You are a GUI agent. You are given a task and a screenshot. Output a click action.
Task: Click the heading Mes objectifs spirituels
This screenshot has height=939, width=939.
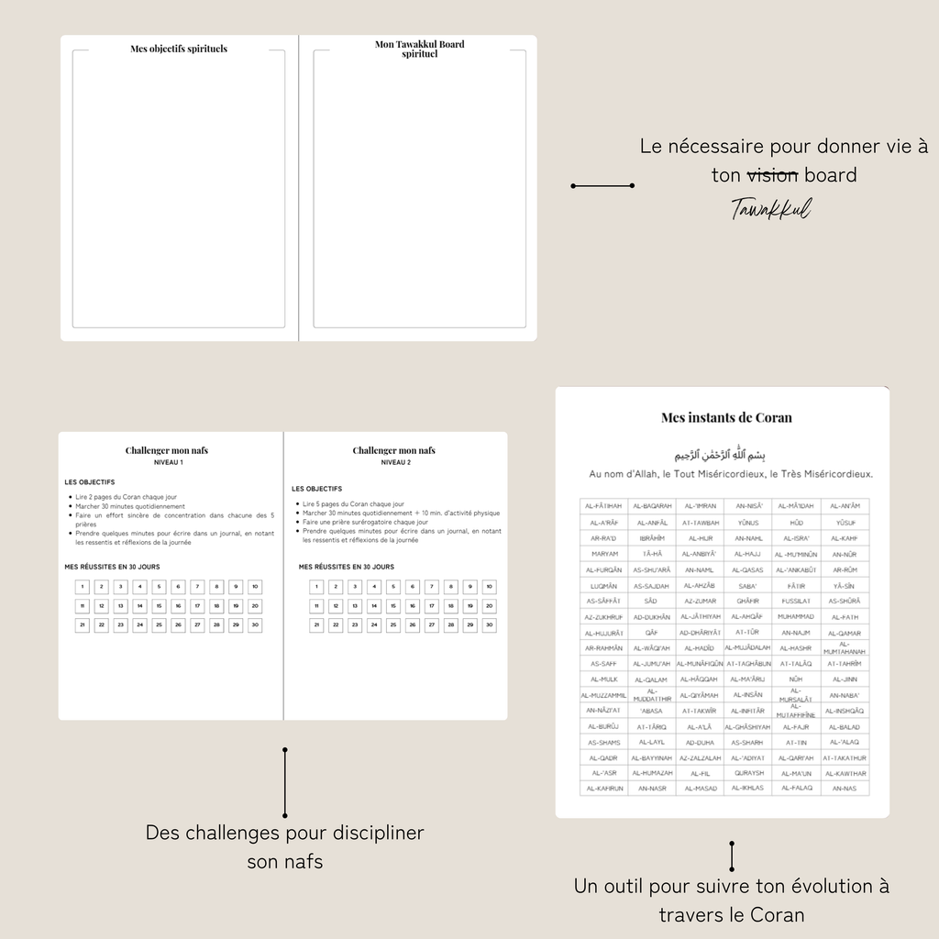coord(179,49)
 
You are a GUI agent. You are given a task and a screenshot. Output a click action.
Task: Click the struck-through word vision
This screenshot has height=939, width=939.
coord(772,174)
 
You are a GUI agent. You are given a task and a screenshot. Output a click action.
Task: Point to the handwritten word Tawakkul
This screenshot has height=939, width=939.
coord(771,209)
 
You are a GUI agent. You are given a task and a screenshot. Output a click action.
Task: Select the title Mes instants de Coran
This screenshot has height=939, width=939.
coord(726,417)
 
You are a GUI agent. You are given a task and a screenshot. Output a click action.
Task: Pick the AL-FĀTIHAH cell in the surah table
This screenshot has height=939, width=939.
coord(603,506)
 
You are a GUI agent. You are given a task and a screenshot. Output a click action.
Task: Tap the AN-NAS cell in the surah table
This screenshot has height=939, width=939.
coord(844,789)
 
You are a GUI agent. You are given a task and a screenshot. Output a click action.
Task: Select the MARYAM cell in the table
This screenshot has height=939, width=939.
coord(603,554)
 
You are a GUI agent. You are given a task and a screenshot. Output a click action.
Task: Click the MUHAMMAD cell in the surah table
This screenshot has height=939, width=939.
coord(795,616)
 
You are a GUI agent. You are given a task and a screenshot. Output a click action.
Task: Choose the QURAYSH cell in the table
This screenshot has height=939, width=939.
coord(748,773)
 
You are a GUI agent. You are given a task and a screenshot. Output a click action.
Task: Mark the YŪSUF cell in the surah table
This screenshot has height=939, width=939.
coord(844,523)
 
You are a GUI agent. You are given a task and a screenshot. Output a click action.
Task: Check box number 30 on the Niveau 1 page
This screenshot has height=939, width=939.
coord(255,625)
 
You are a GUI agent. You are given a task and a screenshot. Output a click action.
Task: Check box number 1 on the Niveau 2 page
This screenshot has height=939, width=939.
coord(316,587)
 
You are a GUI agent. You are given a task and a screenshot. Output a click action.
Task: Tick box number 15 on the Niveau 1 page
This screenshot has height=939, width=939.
coord(159,606)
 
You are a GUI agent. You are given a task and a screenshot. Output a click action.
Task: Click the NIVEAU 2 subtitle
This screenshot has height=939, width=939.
coord(395,463)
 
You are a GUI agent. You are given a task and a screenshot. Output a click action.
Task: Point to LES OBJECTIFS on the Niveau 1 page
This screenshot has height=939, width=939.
coord(90,481)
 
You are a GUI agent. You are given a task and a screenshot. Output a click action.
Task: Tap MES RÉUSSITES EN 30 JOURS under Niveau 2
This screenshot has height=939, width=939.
coord(346,567)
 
